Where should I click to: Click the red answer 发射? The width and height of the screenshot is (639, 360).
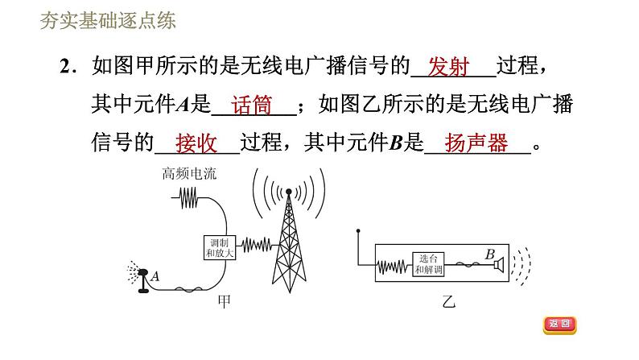click(x=449, y=67)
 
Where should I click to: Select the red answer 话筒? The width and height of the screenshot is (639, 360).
click(x=251, y=106)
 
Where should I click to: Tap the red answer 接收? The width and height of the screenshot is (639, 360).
click(x=196, y=144)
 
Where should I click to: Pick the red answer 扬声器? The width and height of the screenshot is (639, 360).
click(x=476, y=144)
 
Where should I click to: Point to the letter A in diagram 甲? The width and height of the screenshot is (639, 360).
click(x=155, y=276)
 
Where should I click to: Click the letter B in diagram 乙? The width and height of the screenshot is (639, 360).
click(x=489, y=254)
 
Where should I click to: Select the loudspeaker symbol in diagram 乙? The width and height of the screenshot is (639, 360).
click(x=501, y=263)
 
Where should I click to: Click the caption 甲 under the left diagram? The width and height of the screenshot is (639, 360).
click(x=226, y=302)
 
